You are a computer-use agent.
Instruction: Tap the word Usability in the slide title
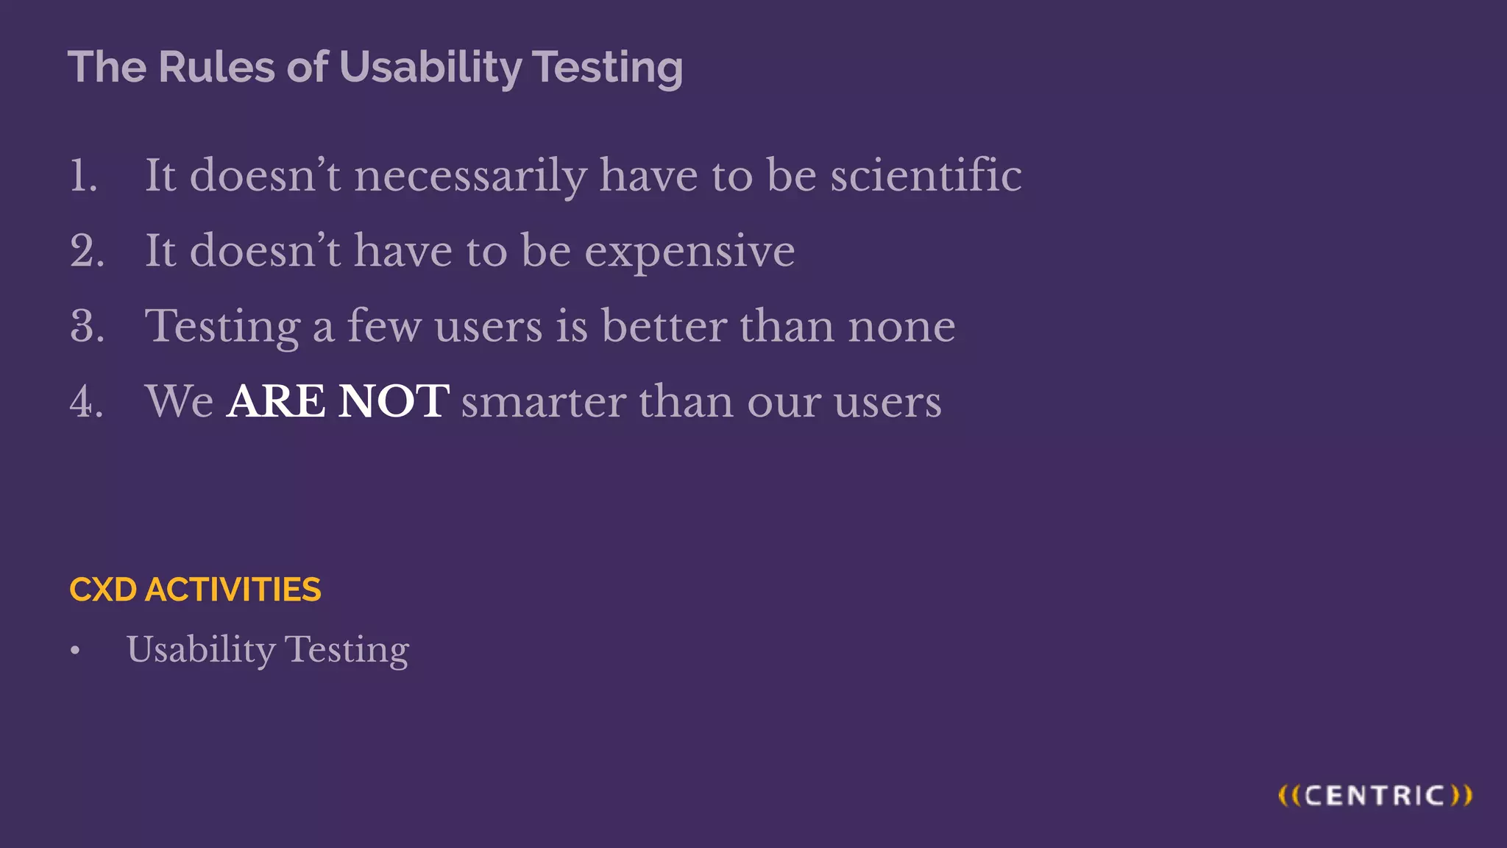point(430,68)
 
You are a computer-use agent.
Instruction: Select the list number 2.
point(87,251)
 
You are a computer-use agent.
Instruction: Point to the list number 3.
point(87,326)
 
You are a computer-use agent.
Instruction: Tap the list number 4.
point(87,402)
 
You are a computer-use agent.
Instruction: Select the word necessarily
point(470,177)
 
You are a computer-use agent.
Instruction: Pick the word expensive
point(689,252)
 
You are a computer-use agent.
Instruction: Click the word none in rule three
point(901,326)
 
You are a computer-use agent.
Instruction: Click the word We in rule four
point(179,402)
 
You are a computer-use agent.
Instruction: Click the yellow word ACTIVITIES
point(233,590)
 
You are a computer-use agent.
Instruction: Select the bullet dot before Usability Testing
point(75,651)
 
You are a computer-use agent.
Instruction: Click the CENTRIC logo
point(1375,796)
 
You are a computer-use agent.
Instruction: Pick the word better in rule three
point(664,326)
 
